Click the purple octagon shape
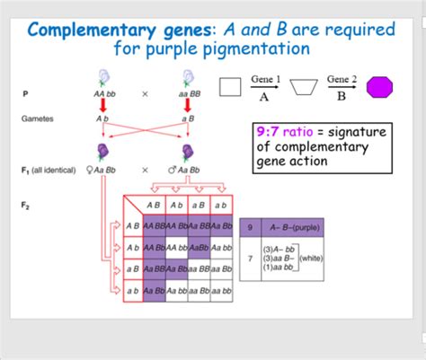pos(382,88)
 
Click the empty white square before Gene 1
pos(231,87)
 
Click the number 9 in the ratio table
pos(251,227)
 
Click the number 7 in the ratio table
pos(251,258)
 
